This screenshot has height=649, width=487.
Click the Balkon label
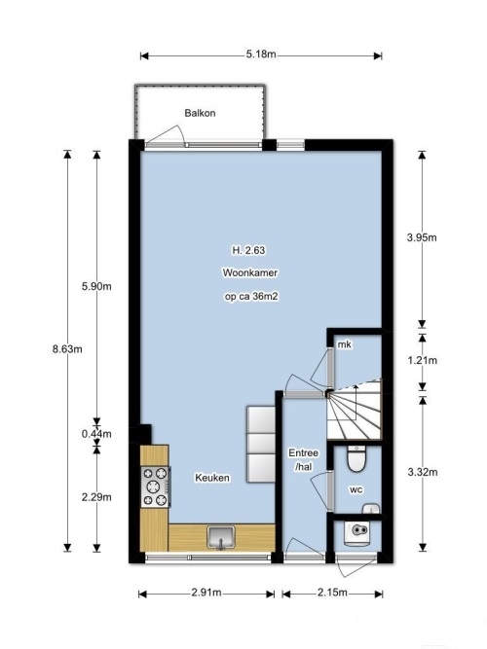coord(200,113)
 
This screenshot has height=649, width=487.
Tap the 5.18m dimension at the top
coord(261,54)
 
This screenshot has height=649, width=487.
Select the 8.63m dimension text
coord(67,349)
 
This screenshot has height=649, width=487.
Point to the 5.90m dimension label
coord(96,286)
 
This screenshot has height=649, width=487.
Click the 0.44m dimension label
coord(96,434)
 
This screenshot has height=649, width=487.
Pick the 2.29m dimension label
coord(96,496)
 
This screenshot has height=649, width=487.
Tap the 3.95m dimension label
coord(422,237)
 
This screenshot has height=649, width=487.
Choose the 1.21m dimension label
coord(423,360)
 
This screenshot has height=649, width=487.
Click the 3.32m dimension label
coord(423,472)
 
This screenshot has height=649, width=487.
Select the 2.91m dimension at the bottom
coord(206,593)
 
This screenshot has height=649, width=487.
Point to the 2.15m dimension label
coord(332,593)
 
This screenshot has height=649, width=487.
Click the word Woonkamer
coord(250,272)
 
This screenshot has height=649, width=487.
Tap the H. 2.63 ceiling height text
coord(248,250)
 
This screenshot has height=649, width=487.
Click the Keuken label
coord(212,478)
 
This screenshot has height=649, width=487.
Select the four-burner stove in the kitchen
coord(156,487)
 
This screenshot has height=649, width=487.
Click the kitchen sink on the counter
coord(221,538)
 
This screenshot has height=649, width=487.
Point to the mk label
coord(345,343)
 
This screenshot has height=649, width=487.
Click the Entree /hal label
coord(304,460)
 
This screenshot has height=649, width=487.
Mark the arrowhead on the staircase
coord(356,387)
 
